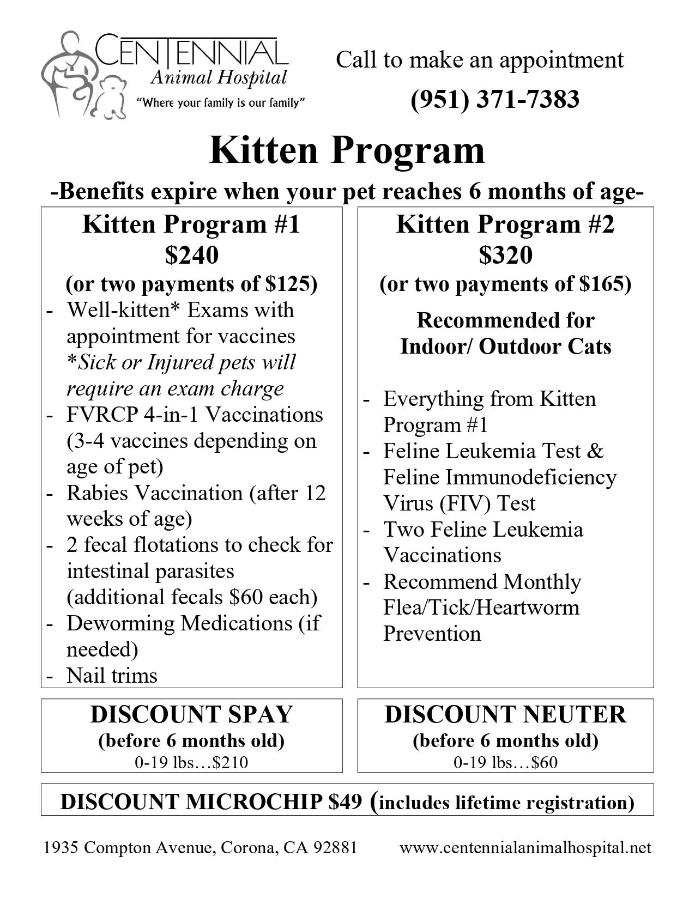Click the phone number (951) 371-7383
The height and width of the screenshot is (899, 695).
coord(494,99)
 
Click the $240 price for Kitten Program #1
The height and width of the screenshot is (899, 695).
coord(191,254)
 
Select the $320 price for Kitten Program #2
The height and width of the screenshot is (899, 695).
coord(505,254)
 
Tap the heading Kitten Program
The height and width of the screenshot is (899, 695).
coord(347,150)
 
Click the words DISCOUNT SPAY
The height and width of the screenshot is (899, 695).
coord(191,714)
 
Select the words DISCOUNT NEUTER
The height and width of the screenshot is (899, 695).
coord(505,714)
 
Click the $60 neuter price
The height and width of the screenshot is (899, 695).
coord(545,762)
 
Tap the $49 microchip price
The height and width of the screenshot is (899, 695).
coord(345,802)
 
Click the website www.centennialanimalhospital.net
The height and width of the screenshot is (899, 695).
coord(525,848)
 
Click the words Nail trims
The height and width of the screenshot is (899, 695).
coord(112,676)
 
